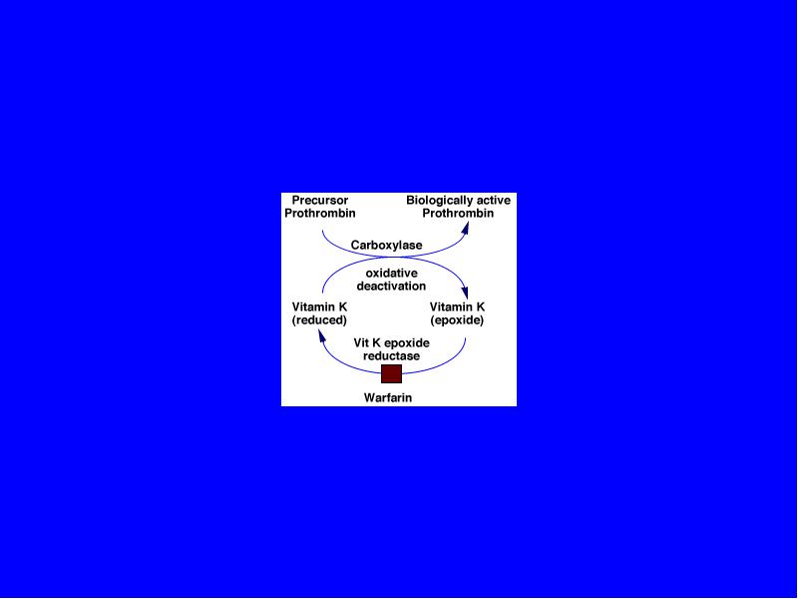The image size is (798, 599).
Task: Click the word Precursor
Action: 320,201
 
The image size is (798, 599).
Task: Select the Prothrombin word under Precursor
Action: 320,213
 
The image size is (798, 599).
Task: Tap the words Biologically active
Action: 458,201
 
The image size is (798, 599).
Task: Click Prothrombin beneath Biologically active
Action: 458,213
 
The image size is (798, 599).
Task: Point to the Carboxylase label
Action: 387,245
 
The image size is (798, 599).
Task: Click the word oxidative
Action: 391,273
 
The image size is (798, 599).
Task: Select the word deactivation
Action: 391,286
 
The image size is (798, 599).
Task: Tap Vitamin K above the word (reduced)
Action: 319,307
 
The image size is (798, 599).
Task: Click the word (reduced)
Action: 319,320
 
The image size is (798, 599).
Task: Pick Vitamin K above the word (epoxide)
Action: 457,307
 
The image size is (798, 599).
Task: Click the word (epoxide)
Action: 457,320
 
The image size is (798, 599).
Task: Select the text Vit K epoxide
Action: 391,342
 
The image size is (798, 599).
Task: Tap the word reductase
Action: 391,355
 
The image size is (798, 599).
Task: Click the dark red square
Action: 391,373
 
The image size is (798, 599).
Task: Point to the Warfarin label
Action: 388,397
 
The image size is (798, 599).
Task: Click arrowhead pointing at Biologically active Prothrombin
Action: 465,228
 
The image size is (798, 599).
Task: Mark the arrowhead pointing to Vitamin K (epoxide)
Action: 464,293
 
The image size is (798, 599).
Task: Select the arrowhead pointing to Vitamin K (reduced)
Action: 322,335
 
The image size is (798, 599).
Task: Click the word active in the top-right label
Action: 492,201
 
